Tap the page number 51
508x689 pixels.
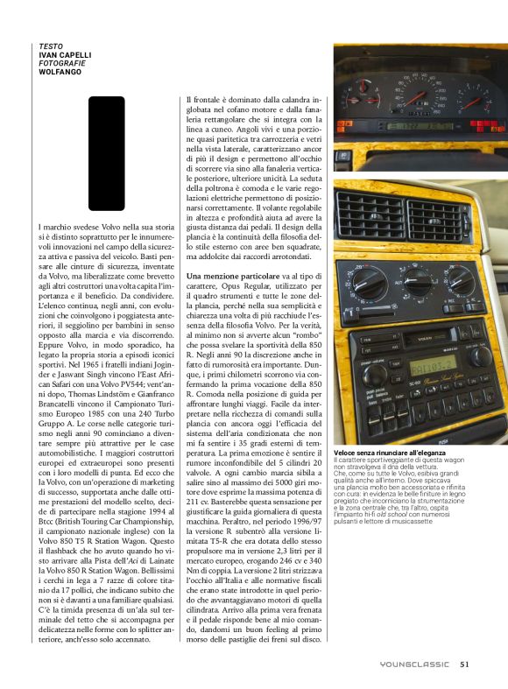point(464,664)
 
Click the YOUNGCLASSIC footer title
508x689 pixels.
point(414,664)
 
